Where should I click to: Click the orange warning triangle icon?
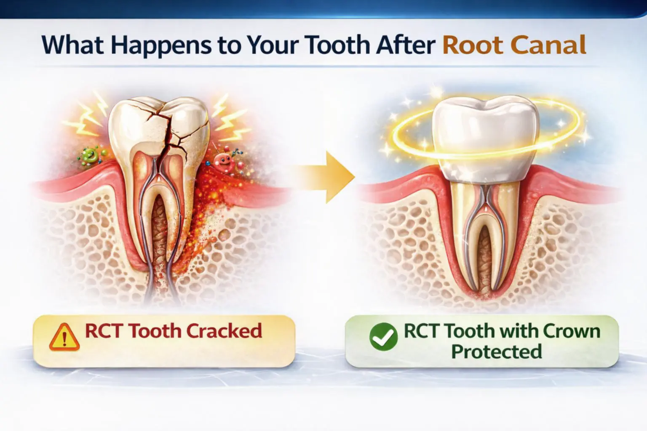[x=64, y=337]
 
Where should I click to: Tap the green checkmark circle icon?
[x=383, y=337]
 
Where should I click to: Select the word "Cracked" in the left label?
[x=224, y=331]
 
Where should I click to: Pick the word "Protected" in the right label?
[x=496, y=351]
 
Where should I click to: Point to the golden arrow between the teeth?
[x=329, y=177]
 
